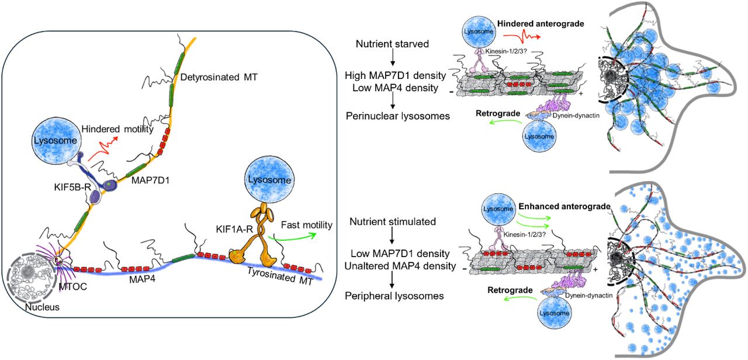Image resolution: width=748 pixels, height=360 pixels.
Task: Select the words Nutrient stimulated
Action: (392, 222)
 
